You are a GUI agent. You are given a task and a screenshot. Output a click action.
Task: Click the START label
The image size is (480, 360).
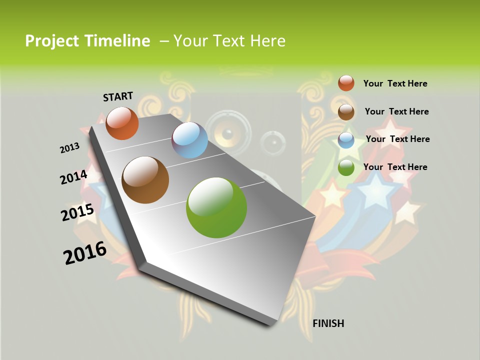pyautogui.click(x=118, y=96)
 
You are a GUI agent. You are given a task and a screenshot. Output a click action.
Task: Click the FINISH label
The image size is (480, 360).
pyautogui.click(x=328, y=323)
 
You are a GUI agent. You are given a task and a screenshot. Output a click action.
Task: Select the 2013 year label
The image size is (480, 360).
pyautogui.click(x=69, y=148)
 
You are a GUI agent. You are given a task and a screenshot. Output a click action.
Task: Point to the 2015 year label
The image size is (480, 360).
pyautogui.click(x=77, y=212)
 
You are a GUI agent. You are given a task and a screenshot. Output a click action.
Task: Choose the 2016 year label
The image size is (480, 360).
pyautogui.click(x=85, y=253)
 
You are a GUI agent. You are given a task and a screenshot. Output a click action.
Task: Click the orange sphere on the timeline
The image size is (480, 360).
pyautogui.click(x=122, y=123)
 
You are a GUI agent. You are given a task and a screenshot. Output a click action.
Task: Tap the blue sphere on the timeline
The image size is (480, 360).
pyautogui.click(x=189, y=140)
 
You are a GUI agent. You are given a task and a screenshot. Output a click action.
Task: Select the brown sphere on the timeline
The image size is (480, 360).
pyautogui.click(x=145, y=180)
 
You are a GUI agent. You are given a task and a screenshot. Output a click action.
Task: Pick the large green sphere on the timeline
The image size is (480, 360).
pyautogui.click(x=216, y=207)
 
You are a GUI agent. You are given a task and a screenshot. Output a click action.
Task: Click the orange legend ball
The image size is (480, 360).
pyautogui.click(x=346, y=83)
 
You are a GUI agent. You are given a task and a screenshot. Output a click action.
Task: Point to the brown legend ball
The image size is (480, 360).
pyautogui.click(x=346, y=111)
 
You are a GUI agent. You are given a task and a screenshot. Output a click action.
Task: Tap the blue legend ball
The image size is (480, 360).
pyautogui.click(x=346, y=140)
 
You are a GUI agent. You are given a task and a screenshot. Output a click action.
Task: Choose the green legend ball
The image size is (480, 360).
pyautogui.click(x=346, y=168)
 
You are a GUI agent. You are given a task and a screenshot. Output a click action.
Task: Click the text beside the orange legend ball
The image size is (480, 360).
pyautogui.click(x=395, y=83)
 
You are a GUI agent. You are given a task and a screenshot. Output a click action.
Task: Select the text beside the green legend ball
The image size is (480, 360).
pyautogui.click(x=395, y=167)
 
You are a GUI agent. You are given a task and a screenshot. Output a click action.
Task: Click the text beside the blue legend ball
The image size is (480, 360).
pyautogui.click(x=397, y=139)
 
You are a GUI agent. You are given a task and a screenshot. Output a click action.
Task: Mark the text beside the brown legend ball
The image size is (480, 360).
pyautogui.click(x=396, y=111)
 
